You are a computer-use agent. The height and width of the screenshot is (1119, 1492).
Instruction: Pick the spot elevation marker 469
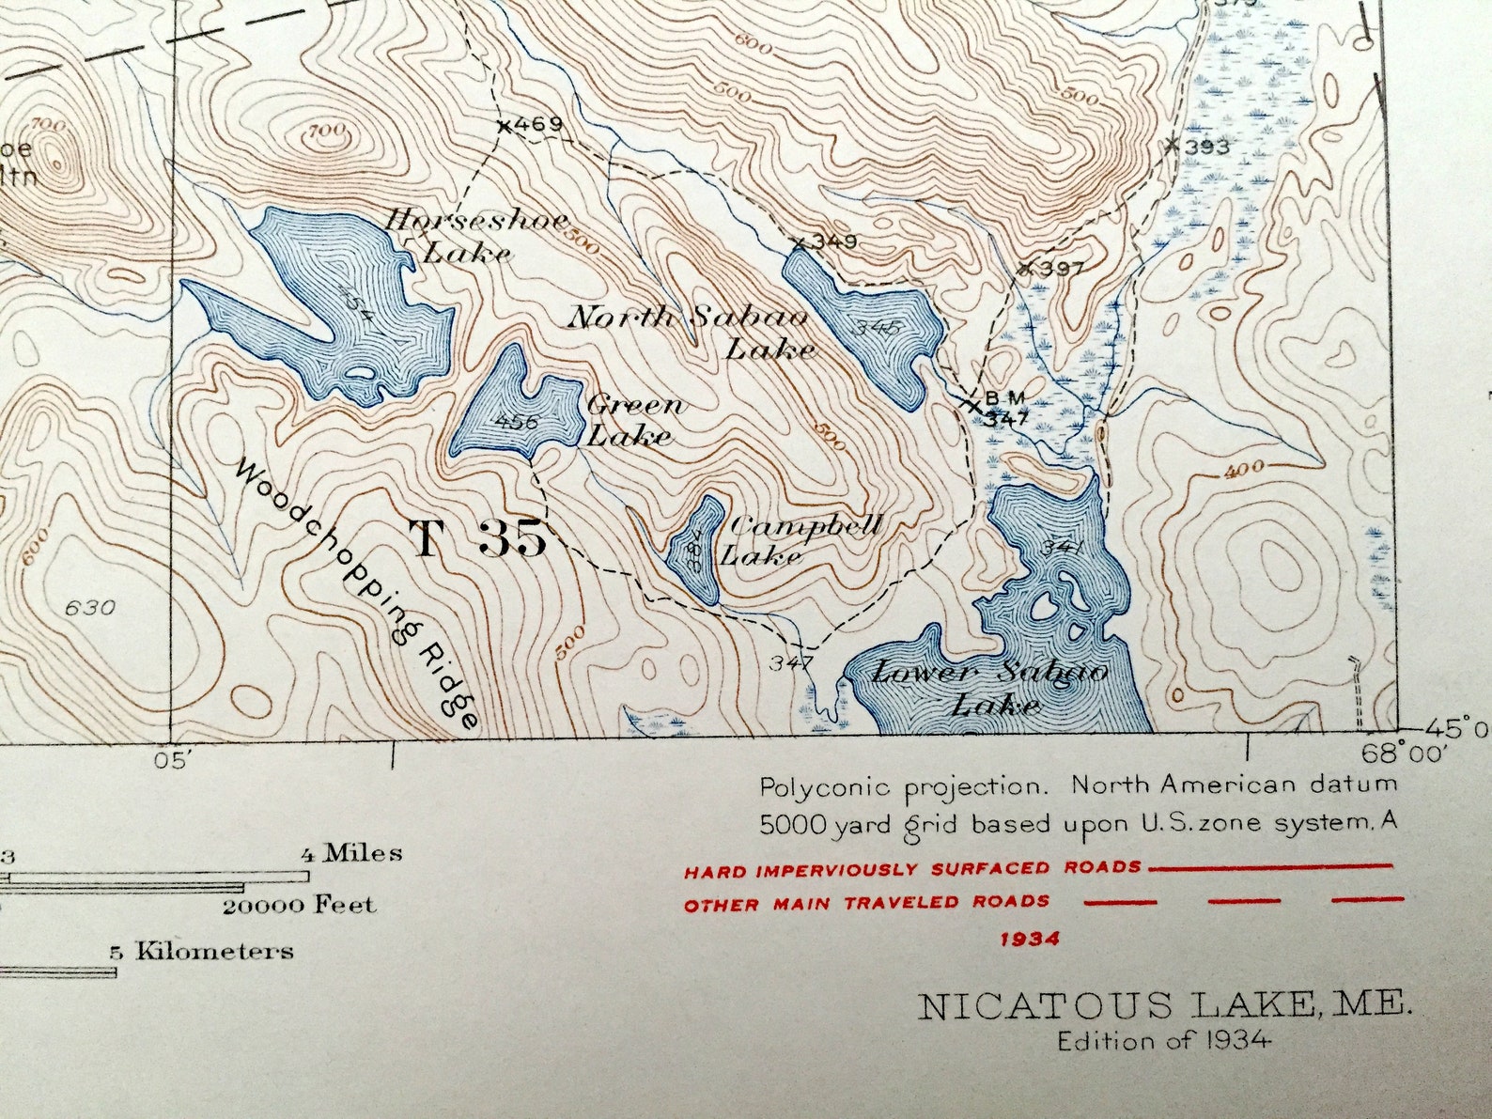(x=505, y=125)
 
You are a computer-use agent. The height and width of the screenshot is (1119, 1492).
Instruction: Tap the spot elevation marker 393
(x=1172, y=146)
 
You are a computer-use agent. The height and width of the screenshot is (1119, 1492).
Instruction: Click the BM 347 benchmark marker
(x=973, y=406)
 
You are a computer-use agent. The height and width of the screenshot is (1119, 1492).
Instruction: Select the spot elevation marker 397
(x=1027, y=268)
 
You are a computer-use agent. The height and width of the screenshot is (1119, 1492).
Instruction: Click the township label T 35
(x=477, y=539)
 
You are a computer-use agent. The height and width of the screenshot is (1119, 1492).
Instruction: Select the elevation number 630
(x=90, y=608)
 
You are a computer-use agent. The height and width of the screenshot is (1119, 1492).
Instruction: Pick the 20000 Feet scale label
(x=298, y=906)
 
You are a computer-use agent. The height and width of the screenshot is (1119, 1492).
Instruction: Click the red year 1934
(x=1030, y=939)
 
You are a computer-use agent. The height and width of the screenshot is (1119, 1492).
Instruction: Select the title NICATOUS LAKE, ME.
(x=1164, y=1006)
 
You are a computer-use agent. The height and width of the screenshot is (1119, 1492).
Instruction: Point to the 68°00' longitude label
(x=1404, y=752)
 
